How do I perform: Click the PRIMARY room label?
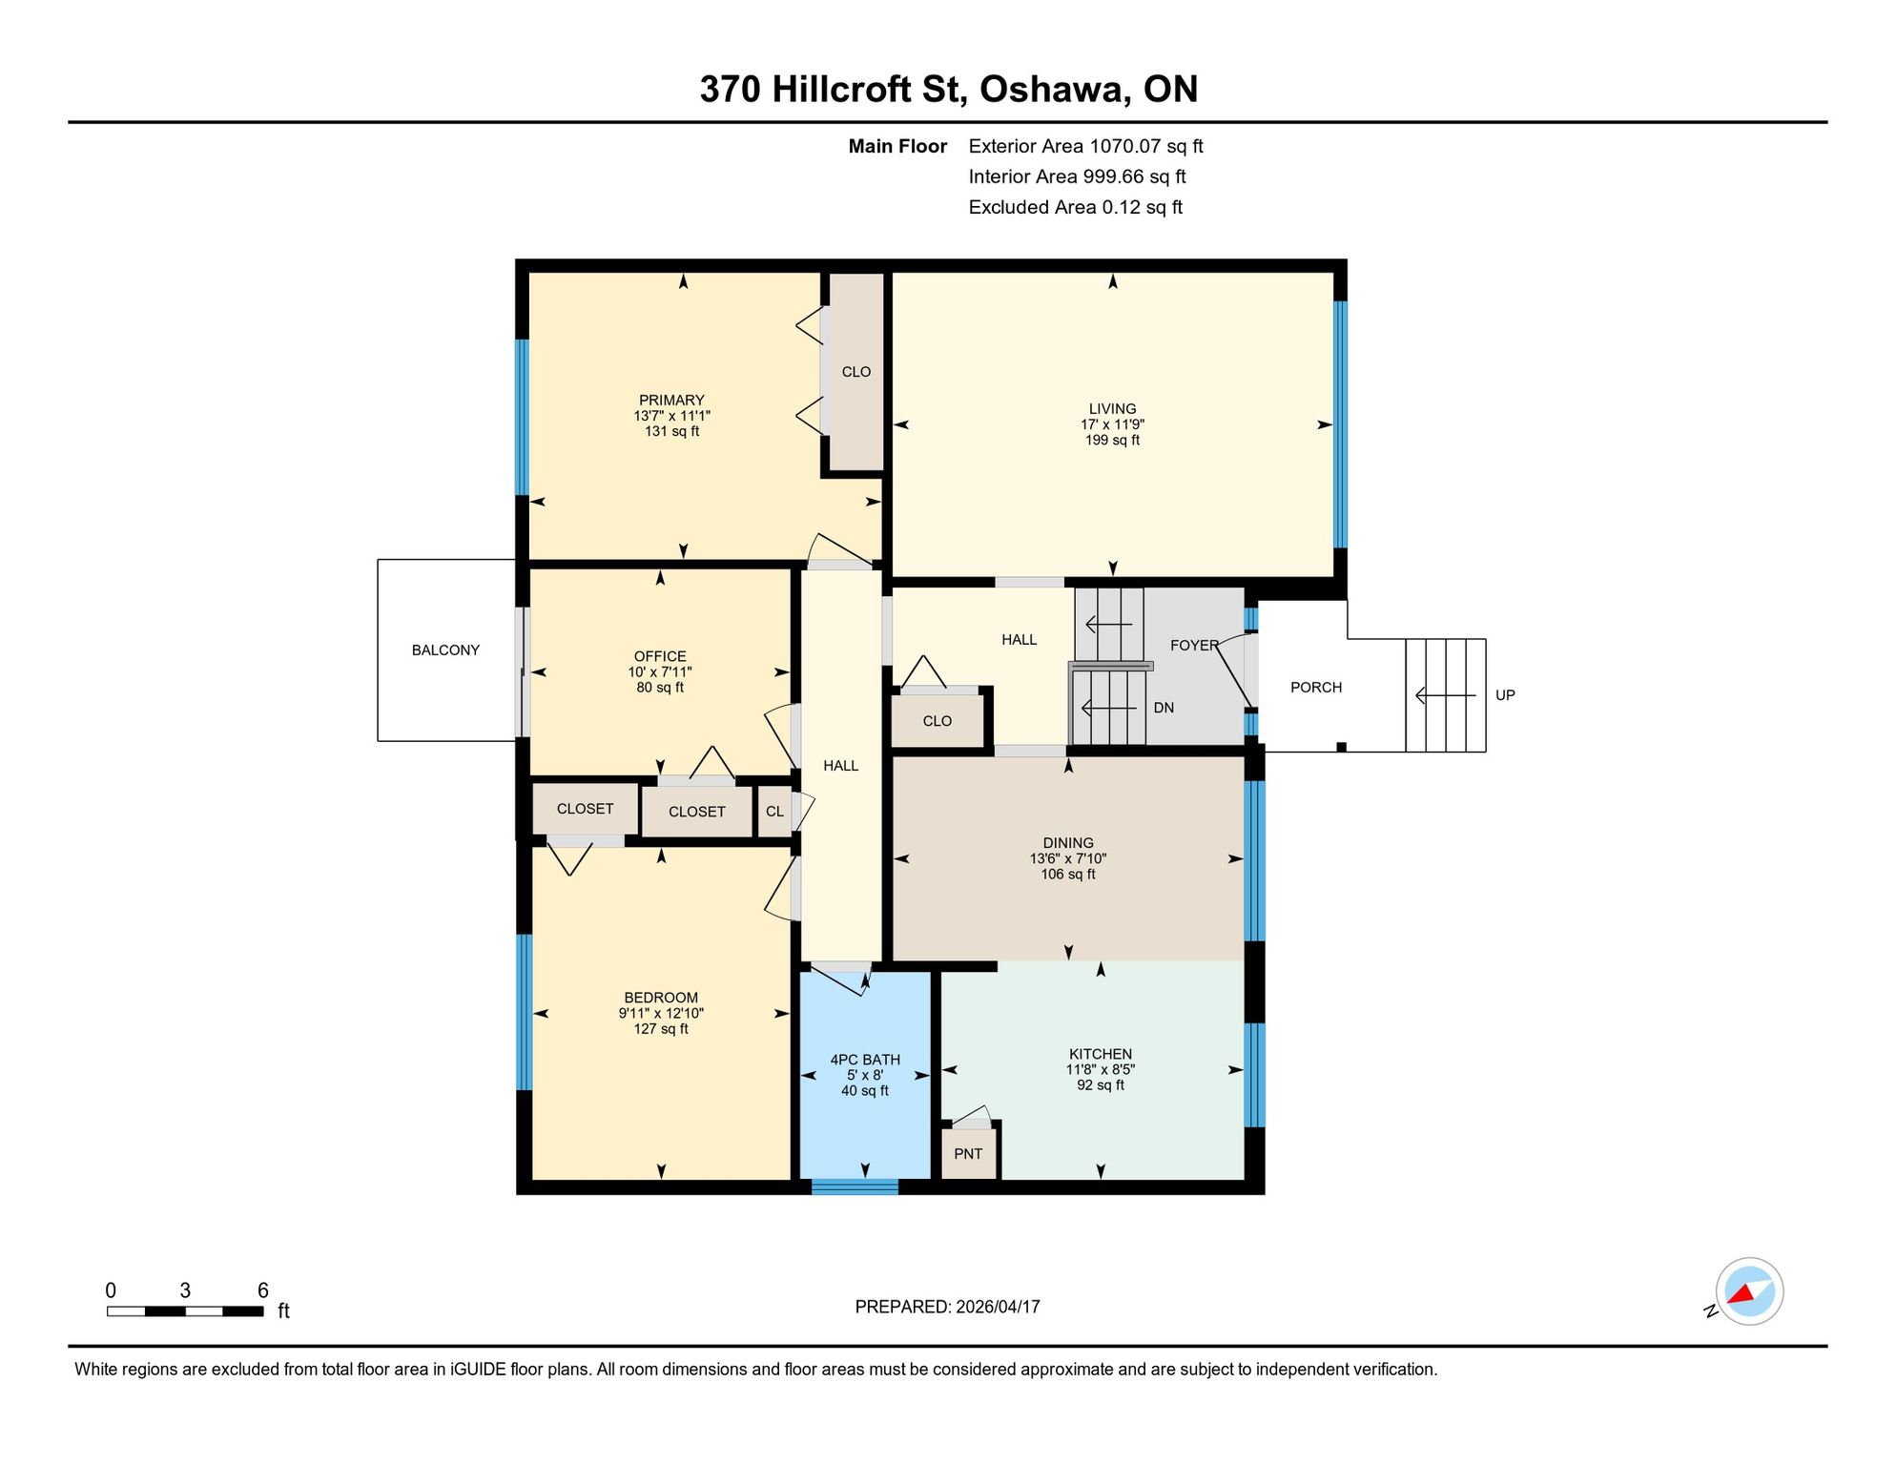tap(671, 401)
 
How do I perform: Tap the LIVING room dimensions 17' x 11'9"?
tap(1112, 424)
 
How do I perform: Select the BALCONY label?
tap(445, 650)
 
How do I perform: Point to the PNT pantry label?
tap(968, 1154)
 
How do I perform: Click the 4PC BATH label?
tap(865, 1060)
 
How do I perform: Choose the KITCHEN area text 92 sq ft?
tap(1101, 1085)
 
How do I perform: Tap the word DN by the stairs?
tap(1164, 708)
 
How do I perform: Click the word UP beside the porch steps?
tap(1505, 695)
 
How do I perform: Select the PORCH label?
tap(1316, 688)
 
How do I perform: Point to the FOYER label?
tap(1194, 646)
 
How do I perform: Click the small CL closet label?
tap(774, 812)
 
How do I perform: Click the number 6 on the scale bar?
tap(263, 1290)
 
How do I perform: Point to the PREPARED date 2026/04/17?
tap(998, 1307)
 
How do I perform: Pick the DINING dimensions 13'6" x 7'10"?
tap(1068, 858)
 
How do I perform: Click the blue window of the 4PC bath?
tap(855, 1187)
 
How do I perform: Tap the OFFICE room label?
tap(660, 656)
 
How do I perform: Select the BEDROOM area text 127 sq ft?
tap(661, 1029)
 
